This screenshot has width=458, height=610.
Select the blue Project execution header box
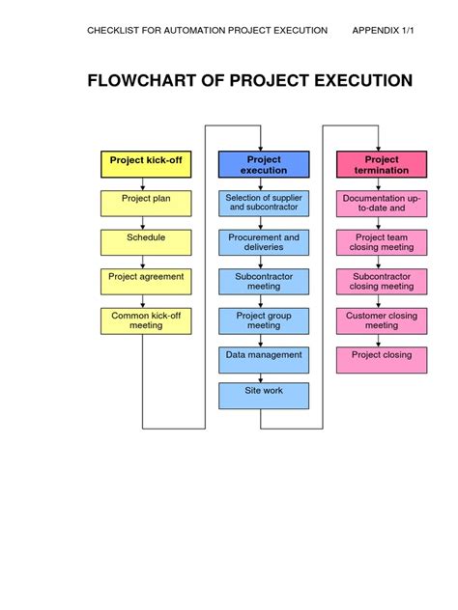pyautogui.click(x=264, y=164)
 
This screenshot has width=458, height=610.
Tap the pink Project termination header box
pyautogui.click(x=382, y=164)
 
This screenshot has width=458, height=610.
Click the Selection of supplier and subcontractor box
pyautogui.click(x=264, y=203)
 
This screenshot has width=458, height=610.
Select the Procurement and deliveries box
pyautogui.click(x=264, y=241)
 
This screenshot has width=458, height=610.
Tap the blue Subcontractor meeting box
pyautogui.click(x=264, y=281)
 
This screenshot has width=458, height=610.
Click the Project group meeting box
pyautogui.click(x=264, y=320)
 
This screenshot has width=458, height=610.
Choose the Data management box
pyautogui.click(x=264, y=359)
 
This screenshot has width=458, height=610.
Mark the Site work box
pyautogui.click(x=264, y=396)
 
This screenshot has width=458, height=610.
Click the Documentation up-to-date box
pyautogui.click(x=382, y=203)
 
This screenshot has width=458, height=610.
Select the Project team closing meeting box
pyautogui.click(x=382, y=241)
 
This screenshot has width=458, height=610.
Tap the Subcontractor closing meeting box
pyautogui.click(x=382, y=281)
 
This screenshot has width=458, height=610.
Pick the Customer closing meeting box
pyautogui.click(x=382, y=320)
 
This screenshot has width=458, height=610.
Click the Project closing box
pyautogui.click(x=382, y=359)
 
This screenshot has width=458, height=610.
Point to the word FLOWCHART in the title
pyautogui.click(x=146, y=80)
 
